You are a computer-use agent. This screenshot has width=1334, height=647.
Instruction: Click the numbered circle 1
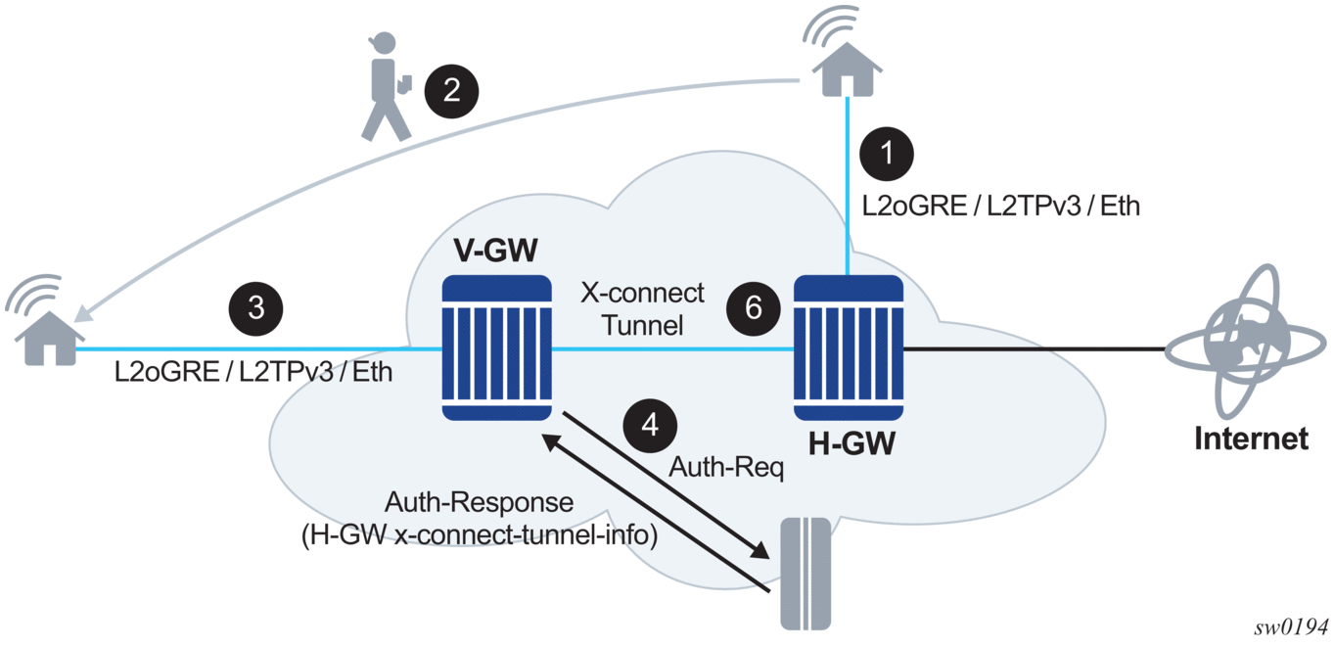tap(887, 154)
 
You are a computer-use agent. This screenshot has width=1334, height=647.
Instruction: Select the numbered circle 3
tap(256, 306)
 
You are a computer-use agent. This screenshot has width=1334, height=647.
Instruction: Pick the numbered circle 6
tap(753, 307)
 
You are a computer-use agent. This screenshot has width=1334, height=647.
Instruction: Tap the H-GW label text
tap(851, 445)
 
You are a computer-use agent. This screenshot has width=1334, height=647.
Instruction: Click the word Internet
tap(1251, 439)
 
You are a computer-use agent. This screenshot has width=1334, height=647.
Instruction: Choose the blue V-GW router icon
tap(497, 347)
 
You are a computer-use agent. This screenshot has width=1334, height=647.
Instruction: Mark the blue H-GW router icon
tap(847, 347)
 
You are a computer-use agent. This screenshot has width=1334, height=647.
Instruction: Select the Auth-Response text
tap(479, 503)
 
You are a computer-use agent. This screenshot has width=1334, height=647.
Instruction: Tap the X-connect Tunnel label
tap(642, 308)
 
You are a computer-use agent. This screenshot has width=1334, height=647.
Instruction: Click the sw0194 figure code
tap(1295, 625)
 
